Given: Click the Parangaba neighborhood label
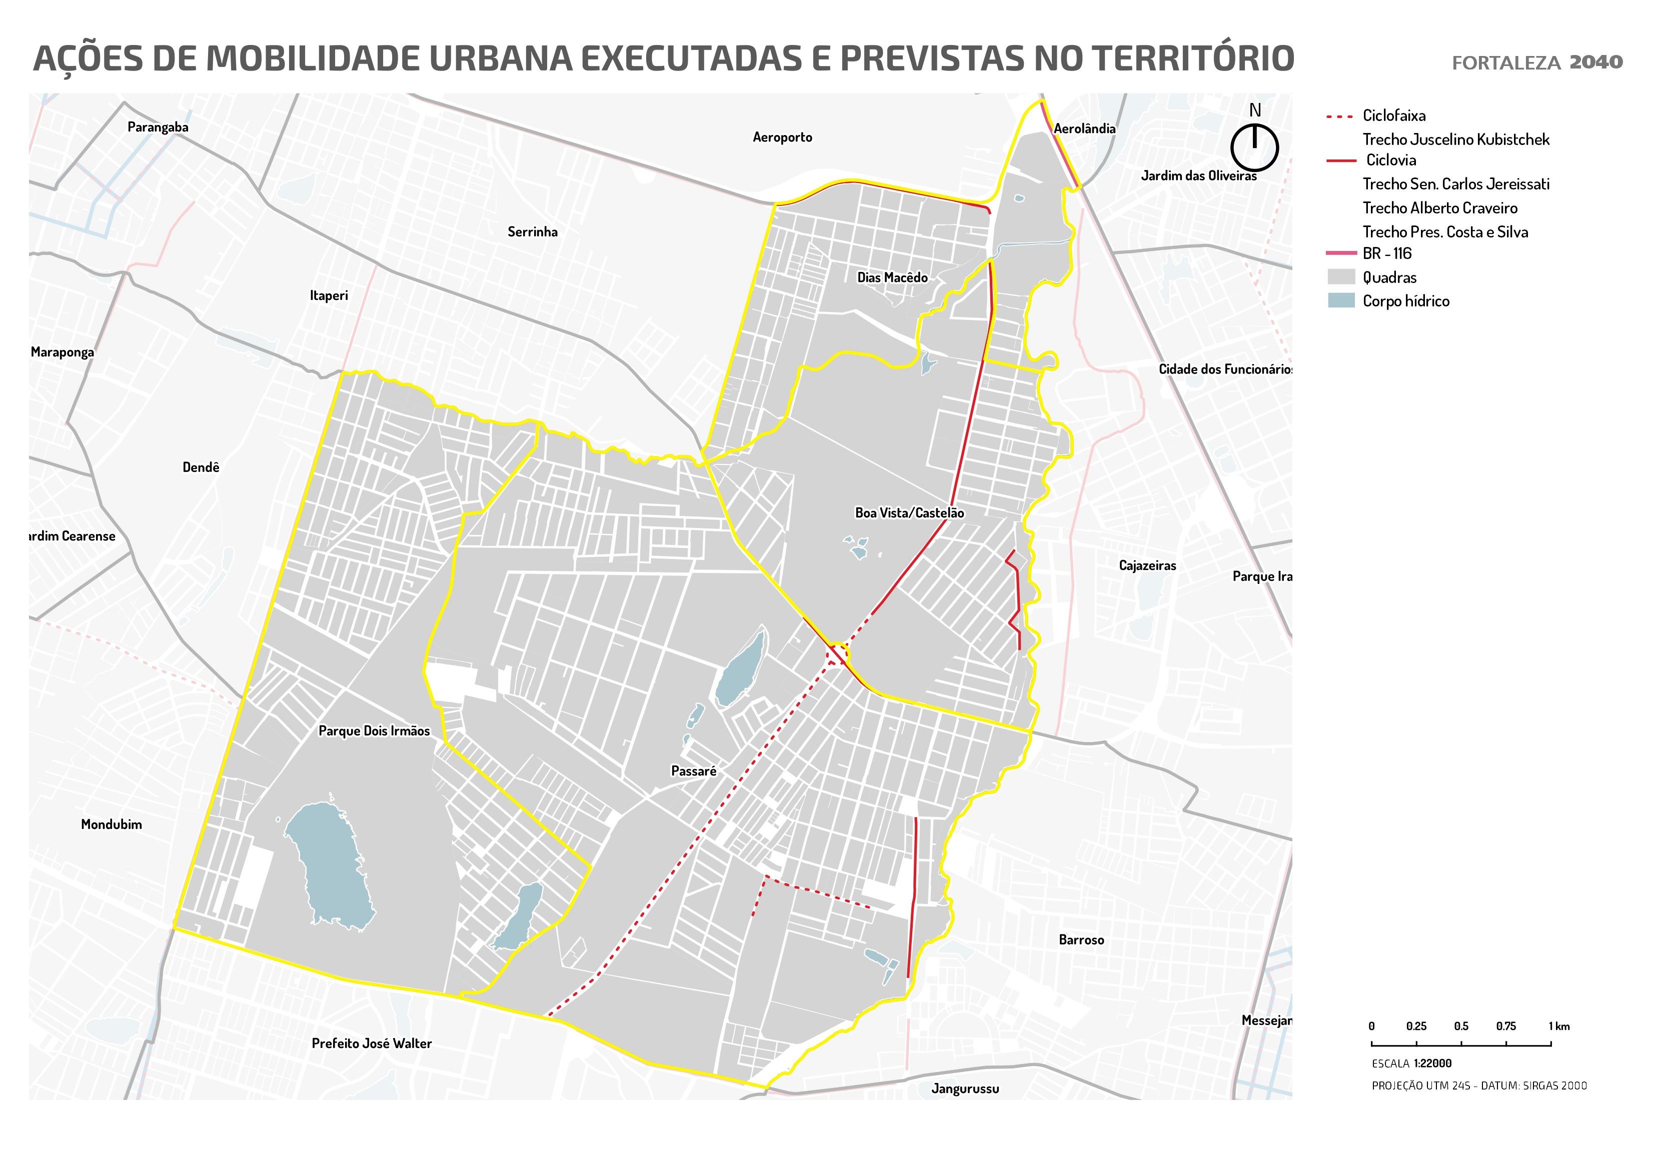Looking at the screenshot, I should pos(158,127).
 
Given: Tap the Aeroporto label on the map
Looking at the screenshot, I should pos(782,137).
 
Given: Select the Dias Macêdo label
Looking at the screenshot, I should pos(892,277).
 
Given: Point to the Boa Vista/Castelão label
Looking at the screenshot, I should pos(909,513).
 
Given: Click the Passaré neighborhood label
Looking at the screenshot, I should pos(694,771).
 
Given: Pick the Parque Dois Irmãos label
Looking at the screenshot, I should pos(374,731).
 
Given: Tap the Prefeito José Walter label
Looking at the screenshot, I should pos(372,1043).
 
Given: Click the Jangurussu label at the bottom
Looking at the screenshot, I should pos(965,1088).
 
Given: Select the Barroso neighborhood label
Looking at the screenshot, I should pos(1080,940).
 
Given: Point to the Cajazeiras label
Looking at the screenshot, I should pos(1147,565).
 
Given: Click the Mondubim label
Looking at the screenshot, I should pos(111,824).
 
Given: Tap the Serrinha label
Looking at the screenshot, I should pos(532,232).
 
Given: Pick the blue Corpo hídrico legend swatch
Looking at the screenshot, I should pos(1340,301).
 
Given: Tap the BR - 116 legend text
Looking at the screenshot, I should pos(1387,253).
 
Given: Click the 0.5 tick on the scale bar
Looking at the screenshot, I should pos(1461,1026).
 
